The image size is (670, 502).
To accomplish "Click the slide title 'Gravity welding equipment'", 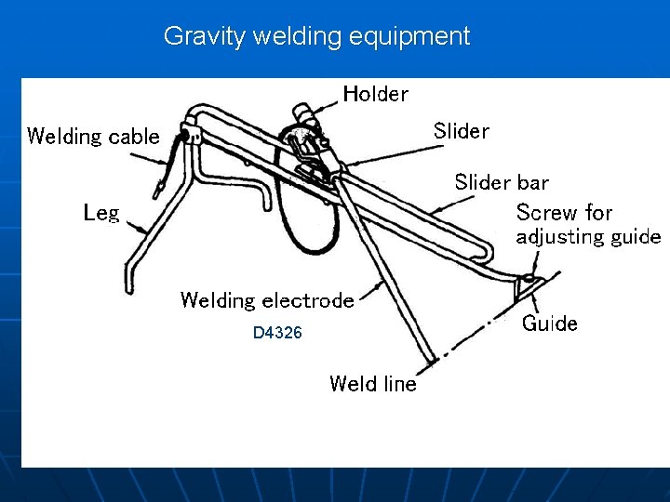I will click(316, 36).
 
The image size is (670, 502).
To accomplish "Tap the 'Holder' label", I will click(375, 93).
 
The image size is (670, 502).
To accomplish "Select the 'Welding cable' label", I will click(93, 137).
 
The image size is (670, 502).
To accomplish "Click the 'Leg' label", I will click(101, 213).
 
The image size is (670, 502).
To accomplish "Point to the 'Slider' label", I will click(461, 131).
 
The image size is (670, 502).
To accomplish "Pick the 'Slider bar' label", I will click(502, 182).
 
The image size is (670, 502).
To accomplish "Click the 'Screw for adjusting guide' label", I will click(588, 224).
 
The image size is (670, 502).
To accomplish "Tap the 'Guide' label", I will click(549, 324).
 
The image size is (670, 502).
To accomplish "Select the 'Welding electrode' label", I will click(267, 300).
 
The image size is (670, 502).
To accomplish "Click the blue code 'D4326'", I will click(277, 333).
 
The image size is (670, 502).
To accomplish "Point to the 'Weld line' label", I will click(373, 384).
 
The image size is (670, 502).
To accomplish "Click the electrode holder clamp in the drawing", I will click(307, 139).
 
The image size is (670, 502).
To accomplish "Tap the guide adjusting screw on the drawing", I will click(529, 278).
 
